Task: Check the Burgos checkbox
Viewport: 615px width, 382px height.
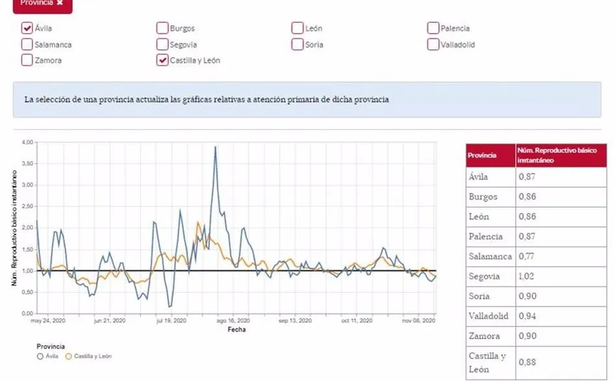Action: coord(162,28)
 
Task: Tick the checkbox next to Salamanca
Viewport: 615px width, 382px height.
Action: coord(27,45)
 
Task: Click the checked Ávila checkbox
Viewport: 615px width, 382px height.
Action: coord(27,28)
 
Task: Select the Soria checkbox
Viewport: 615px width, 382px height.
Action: coord(297,45)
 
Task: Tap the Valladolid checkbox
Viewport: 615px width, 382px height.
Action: coord(433,45)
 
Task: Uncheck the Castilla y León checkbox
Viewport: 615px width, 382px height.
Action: coord(162,60)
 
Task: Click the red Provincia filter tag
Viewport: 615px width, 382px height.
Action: coord(41,3)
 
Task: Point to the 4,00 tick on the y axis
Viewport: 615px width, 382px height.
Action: coord(27,142)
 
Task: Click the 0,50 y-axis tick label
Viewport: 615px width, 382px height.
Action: coord(27,292)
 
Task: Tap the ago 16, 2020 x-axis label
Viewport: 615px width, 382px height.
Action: coord(233,320)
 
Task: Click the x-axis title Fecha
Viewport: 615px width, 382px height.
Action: coord(236,330)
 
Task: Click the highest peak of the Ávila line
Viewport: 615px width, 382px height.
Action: coord(215,147)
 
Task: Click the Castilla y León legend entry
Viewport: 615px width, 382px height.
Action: coord(89,356)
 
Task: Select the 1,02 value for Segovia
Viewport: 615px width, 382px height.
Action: coord(527,276)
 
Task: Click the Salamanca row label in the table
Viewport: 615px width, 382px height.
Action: coord(490,256)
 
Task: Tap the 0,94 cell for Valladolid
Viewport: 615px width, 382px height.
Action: coord(527,317)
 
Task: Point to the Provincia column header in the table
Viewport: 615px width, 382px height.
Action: coord(482,155)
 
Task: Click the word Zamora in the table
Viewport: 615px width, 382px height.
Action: coord(484,337)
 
